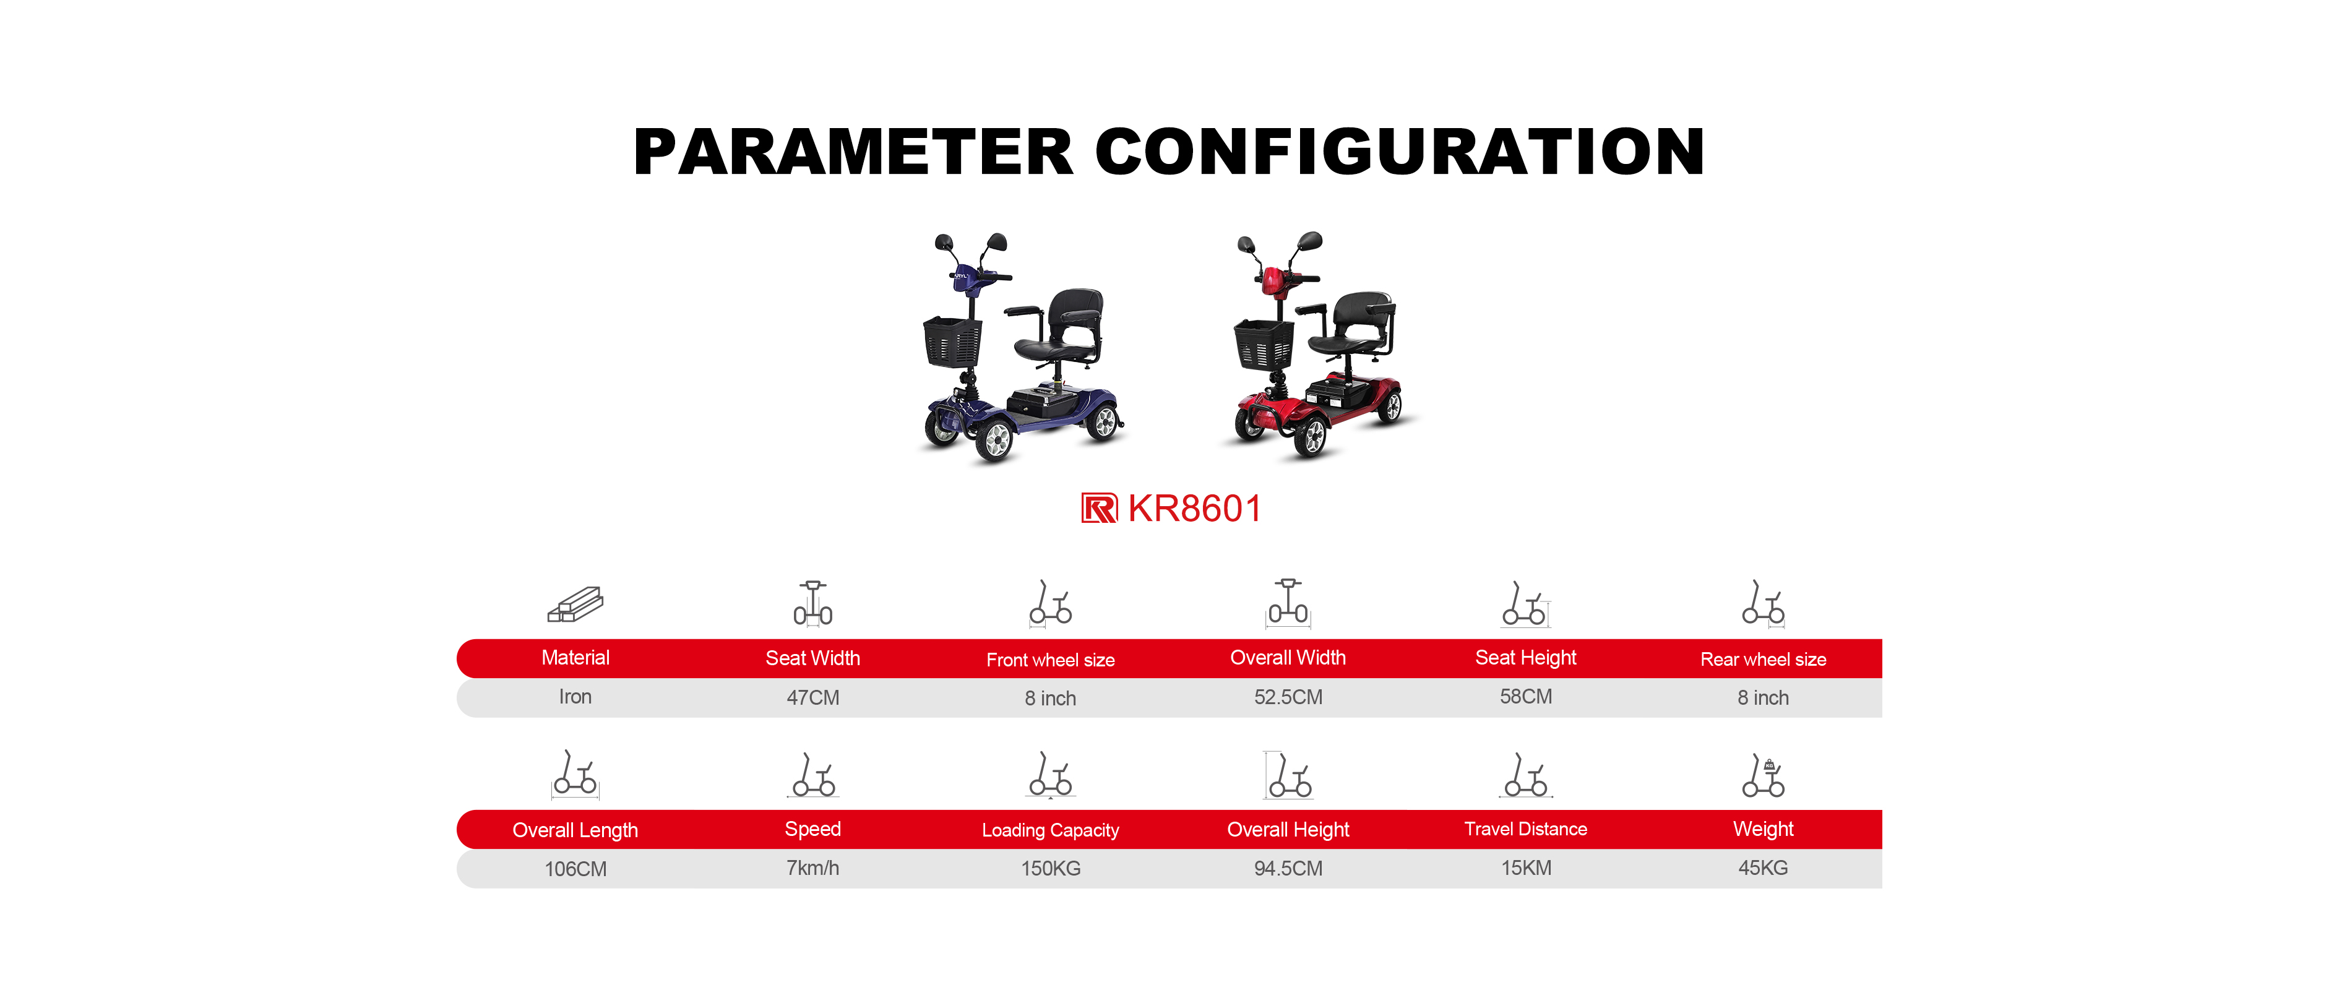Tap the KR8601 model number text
coord(1194,509)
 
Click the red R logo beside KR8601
coord(1099,509)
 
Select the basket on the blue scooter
coord(952,342)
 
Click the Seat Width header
coord(812,658)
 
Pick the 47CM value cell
coord(812,697)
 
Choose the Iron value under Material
coord(575,697)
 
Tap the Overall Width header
coord(1288,658)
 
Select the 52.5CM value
coord(1288,697)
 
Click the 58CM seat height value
coord(1525,697)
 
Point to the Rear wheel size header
coord(1764,660)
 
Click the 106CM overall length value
coord(575,869)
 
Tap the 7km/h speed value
coord(812,868)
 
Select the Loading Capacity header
coord(1051,830)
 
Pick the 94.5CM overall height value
coord(1288,868)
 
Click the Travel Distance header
coord(1525,829)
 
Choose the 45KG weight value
coord(1764,867)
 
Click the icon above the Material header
coord(575,604)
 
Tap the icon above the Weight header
coord(1764,775)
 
